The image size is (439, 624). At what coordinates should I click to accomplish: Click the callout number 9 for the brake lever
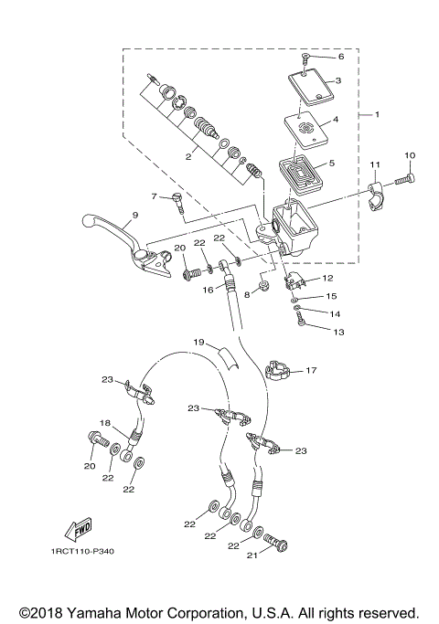[x=134, y=216]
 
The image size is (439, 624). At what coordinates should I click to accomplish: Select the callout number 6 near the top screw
[x=340, y=56]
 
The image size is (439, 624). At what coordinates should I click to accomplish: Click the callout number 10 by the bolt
[x=409, y=155]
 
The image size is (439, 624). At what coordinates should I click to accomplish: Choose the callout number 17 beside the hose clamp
[x=312, y=370]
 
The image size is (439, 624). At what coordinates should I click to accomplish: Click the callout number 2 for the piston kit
[x=188, y=157]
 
